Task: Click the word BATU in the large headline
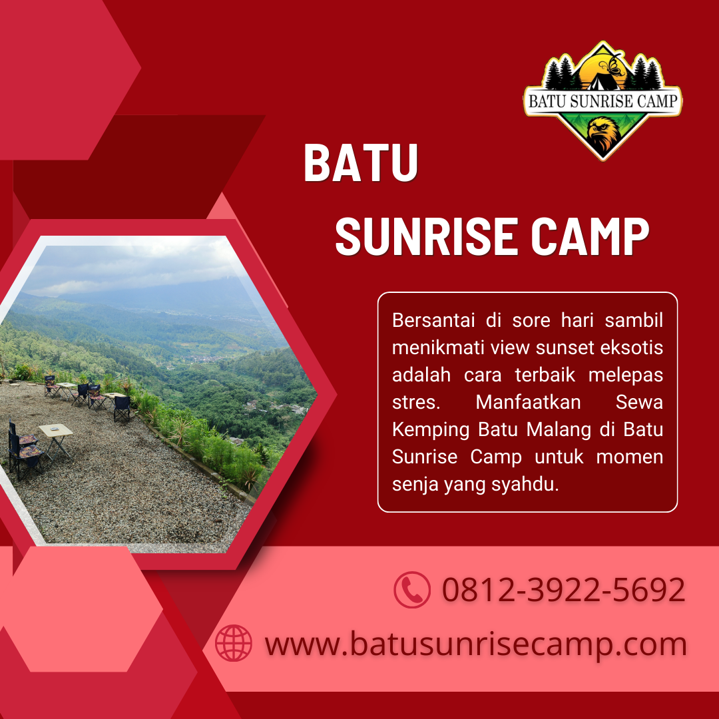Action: pyautogui.click(x=361, y=162)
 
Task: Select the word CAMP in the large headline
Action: pyautogui.click(x=590, y=236)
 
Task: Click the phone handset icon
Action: pyautogui.click(x=412, y=590)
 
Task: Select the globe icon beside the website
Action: pyautogui.click(x=234, y=643)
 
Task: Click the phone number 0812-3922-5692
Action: pyautogui.click(x=564, y=590)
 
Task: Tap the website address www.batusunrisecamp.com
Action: pyautogui.click(x=475, y=644)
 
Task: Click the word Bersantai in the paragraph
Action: pyautogui.click(x=433, y=320)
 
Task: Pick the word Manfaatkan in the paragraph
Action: pyautogui.click(x=528, y=402)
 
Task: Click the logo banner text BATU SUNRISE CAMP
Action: pyautogui.click(x=602, y=101)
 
